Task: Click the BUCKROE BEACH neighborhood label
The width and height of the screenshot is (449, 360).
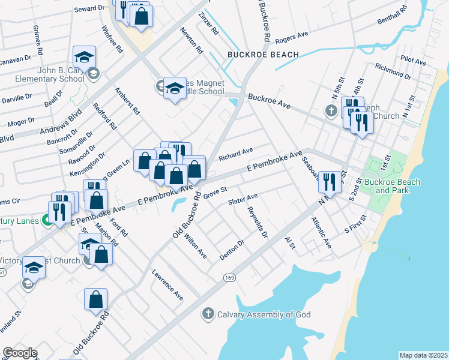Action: (x=263, y=55)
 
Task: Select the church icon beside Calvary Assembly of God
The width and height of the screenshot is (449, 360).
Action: (x=208, y=313)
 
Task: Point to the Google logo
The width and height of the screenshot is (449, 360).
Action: (x=19, y=353)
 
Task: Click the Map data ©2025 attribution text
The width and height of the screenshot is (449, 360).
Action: (x=423, y=355)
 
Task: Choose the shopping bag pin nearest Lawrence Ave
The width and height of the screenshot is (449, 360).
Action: (x=95, y=299)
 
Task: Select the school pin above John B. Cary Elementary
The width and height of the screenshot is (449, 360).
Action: (x=84, y=58)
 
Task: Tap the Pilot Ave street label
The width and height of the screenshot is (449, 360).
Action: (x=414, y=61)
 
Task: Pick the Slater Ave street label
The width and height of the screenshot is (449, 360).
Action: (x=243, y=199)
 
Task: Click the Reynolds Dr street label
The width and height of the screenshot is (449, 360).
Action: (x=257, y=222)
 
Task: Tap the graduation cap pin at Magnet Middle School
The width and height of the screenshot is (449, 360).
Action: (x=174, y=89)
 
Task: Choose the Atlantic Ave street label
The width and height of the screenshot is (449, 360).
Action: (x=321, y=233)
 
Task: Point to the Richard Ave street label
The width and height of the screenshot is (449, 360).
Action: (x=236, y=154)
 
